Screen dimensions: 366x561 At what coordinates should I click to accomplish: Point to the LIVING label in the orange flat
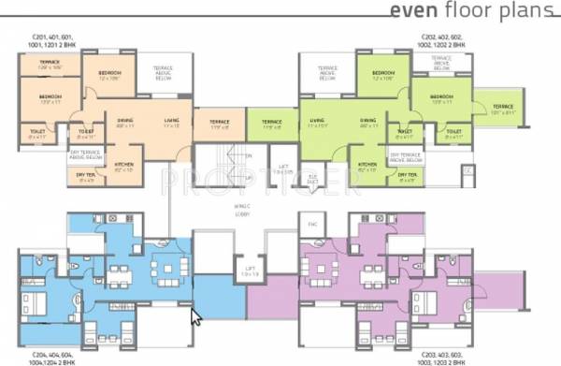[171, 122]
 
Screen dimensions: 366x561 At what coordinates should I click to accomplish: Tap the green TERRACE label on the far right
[503, 108]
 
